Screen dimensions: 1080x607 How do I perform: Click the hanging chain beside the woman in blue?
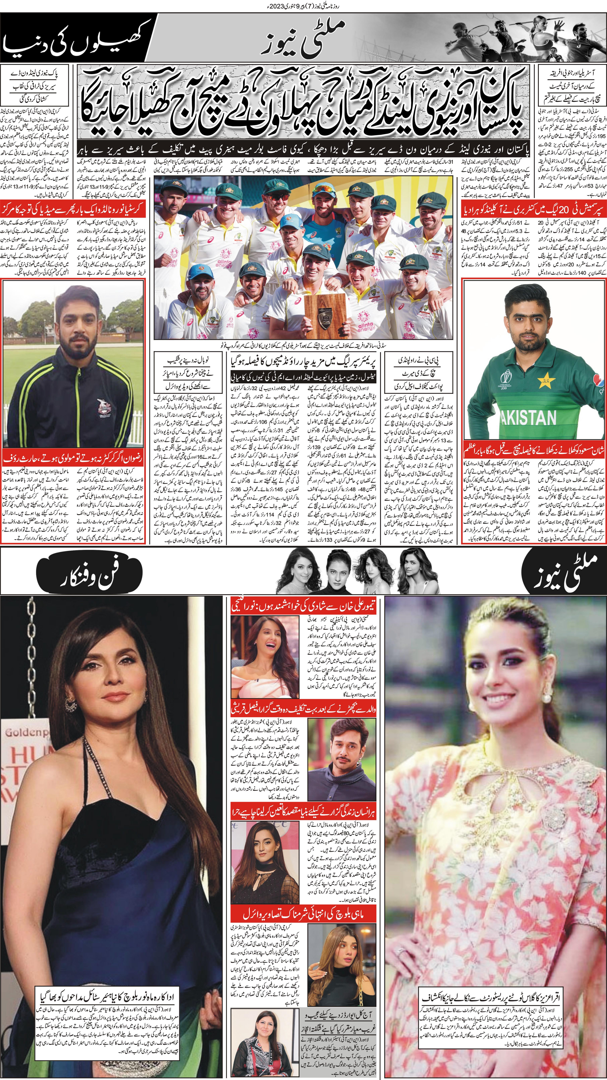pyautogui.click(x=29, y=654)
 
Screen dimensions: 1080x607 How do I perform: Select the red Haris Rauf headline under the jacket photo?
pyautogui.click(x=73, y=458)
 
